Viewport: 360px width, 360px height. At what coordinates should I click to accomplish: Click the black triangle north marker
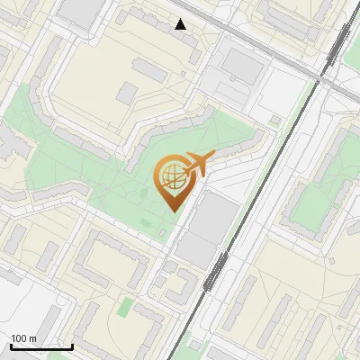pos(181,24)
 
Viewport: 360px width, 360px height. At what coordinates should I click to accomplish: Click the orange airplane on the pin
pos(194,164)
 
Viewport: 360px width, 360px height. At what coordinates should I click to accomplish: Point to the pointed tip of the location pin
pos(172,210)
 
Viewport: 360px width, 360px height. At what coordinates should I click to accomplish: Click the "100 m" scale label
pos(23,338)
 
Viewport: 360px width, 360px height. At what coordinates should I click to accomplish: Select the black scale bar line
pos(41,346)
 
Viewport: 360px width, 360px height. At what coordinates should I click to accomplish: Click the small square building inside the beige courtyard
pos(127,93)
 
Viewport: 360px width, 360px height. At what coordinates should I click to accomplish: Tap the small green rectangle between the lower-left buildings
pos(127,307)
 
